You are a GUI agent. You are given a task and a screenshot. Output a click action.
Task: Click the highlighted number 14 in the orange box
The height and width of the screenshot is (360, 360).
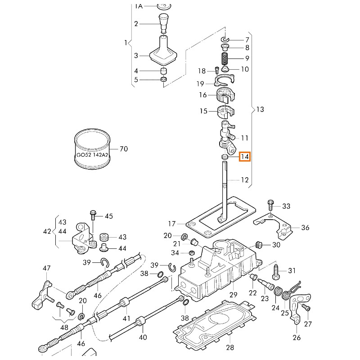pos(244,157)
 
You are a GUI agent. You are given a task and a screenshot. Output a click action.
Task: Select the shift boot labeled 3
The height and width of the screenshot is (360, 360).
pos(162,52)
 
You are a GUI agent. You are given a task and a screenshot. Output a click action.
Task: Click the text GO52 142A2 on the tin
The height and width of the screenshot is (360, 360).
pos(92,155)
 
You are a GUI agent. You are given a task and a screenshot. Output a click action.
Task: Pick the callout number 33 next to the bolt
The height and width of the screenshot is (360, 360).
pos(286,206)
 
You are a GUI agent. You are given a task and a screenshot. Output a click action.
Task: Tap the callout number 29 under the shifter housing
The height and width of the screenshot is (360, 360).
pos(233,295)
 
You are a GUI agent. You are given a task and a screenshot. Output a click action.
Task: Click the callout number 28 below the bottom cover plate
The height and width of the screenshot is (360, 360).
pos(230,347)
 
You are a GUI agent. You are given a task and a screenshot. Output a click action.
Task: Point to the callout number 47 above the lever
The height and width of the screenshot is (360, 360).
pos(46,269)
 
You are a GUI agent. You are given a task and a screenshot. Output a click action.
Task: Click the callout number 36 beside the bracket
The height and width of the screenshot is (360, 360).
pos(305,228)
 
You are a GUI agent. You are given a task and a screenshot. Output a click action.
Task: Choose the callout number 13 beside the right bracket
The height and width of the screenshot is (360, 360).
pos(260,109)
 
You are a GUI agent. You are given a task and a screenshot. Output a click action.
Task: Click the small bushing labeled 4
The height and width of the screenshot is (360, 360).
pos(164,71)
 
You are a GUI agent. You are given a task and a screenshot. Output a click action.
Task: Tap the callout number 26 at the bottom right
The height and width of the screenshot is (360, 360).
pos(297,337)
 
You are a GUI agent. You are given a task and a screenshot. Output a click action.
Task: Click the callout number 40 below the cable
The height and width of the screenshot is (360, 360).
pos(143,337)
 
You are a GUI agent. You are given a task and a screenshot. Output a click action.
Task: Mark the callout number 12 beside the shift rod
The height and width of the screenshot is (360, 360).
pos(244,180)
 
